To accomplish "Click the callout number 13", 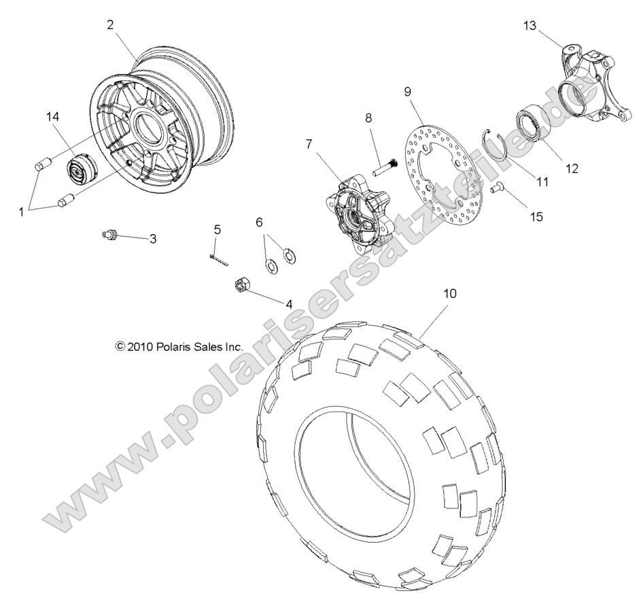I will coord(530,26).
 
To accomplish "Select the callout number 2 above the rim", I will coord(109,24).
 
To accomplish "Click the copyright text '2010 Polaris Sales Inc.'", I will coord(179,346).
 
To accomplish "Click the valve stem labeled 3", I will coord(111,236).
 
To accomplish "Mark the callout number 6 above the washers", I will coord(259,222).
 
